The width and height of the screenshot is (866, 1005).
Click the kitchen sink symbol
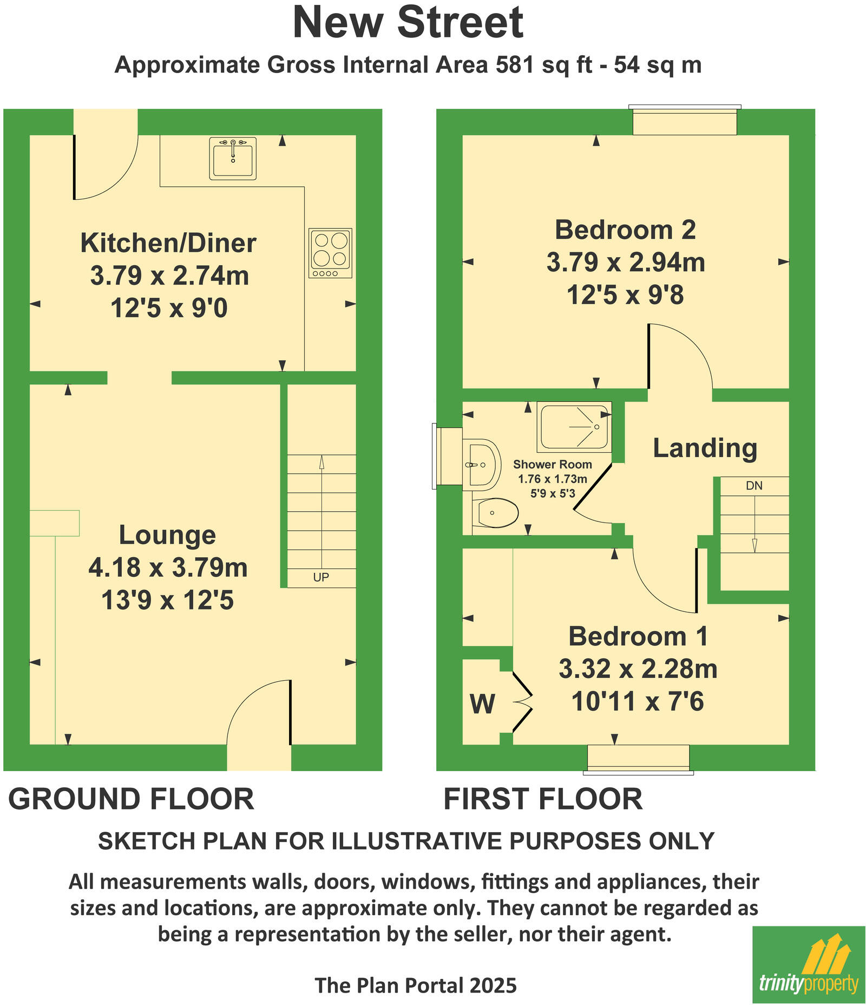point(233,158)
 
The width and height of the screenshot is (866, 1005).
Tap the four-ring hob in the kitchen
point(330,253)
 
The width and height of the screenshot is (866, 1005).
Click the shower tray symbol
point(574,427)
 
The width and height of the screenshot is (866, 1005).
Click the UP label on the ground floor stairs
point(321,577)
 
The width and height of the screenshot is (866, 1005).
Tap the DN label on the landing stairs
point(754,486)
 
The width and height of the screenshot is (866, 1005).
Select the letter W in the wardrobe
point(482,704)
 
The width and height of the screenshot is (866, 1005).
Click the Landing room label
point(705,448)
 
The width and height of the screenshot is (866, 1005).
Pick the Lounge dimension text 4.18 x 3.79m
point(168,567)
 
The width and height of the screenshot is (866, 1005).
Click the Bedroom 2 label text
point(625,230)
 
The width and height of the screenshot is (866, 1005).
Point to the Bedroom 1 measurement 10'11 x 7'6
point(638,701)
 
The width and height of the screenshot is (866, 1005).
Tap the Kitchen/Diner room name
point(168,243)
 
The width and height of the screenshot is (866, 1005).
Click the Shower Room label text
point(552,464)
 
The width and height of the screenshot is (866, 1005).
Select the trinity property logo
point(809,964)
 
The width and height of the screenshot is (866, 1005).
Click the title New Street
point(408,23)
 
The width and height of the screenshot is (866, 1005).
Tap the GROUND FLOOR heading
point(131,799)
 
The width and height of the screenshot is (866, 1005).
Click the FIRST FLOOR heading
point(543,799)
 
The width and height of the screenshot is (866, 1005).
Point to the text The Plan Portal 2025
point(416,985)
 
